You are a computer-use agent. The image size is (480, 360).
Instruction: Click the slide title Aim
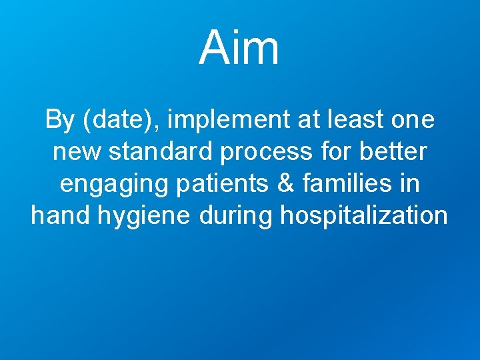[x=239, y=48]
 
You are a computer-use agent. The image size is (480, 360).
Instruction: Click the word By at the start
[x=59, y=121]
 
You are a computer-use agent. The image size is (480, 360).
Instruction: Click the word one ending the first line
[x=412, y=121]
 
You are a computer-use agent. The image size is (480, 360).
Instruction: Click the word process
[x=266, y=153]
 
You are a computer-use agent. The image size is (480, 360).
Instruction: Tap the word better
[x=394, y=153]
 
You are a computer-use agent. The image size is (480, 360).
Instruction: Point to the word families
[x=335, y=184]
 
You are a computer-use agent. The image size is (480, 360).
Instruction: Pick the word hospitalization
[x=364, y=216]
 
